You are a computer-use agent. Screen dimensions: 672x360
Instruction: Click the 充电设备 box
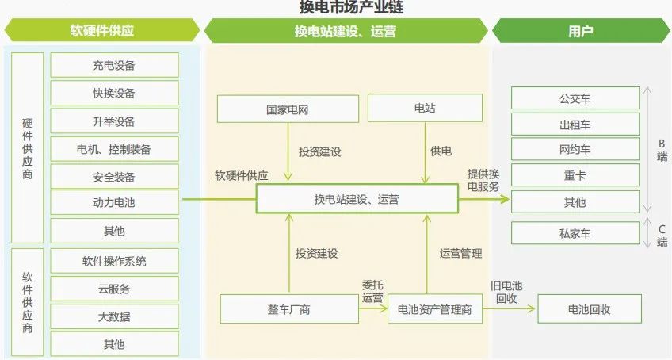[114, 65]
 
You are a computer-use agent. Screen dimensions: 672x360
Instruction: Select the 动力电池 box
[114, 202]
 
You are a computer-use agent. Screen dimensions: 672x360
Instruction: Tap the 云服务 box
[114, 289]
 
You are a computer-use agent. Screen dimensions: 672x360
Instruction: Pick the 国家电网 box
[288, 109]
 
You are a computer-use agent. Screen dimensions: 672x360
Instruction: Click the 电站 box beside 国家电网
[425, 108]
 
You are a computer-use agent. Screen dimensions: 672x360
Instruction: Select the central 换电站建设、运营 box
[357, 199]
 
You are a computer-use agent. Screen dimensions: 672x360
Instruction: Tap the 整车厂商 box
[289, 309]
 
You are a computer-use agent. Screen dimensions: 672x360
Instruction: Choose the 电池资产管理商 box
[434, 309]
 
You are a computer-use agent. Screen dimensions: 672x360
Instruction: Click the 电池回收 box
[590, 309]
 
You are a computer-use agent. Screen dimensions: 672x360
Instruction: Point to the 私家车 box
[575, 233]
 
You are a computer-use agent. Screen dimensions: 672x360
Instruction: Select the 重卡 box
[575, 175]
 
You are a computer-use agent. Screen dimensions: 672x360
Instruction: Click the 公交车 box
[575, 98]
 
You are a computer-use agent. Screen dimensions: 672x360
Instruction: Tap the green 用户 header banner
[581, 31]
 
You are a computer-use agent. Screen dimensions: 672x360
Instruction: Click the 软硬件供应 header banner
[102, 30]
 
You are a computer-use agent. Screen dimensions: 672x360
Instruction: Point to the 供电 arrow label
[441, 151]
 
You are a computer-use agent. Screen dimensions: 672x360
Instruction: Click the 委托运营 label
[372, 291]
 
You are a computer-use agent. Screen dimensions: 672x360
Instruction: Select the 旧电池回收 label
[506, 293]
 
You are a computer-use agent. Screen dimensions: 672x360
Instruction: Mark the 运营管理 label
[460, 254]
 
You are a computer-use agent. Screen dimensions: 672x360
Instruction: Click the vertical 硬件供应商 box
[28, 148]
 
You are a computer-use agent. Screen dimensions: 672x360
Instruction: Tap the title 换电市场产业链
[351, 7]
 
